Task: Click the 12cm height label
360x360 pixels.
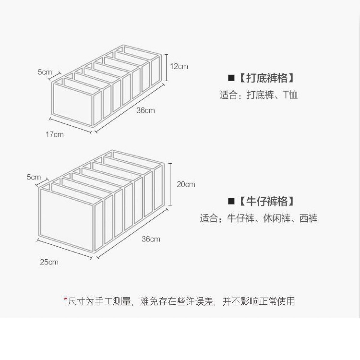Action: (x=179, y=66)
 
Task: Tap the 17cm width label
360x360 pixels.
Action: (x=55, y=134)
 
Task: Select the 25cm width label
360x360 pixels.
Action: (x=49, y=262)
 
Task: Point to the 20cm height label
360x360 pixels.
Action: (x=186, y=184)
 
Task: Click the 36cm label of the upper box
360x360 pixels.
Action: (x=145, y=110)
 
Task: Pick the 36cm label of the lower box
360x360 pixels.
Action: (x=151, y=239)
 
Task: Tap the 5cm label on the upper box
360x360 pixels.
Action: (x=45, y=72)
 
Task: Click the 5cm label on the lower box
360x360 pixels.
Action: (x=33, y=177)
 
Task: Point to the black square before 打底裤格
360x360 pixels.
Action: (x=231, y=78)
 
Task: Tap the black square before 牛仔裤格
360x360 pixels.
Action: (x=231, y=201)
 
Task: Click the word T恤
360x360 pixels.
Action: (x=290, y=95)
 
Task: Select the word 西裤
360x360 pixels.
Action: (x=309, y=218)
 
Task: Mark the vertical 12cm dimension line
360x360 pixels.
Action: (x=166, y=67)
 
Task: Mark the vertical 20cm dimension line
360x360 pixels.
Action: (x=170, y=184)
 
